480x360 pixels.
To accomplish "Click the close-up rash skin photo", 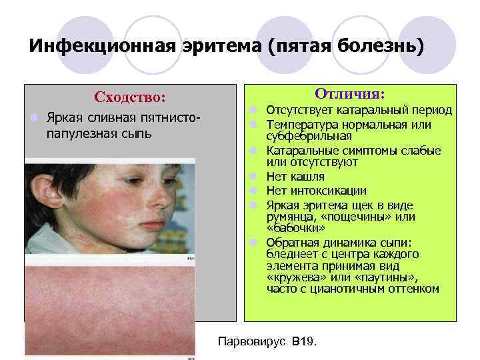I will [x=110, y=300].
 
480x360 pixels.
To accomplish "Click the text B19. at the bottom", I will [x=304, y=342].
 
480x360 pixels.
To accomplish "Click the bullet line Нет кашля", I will [x=295, y=177].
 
